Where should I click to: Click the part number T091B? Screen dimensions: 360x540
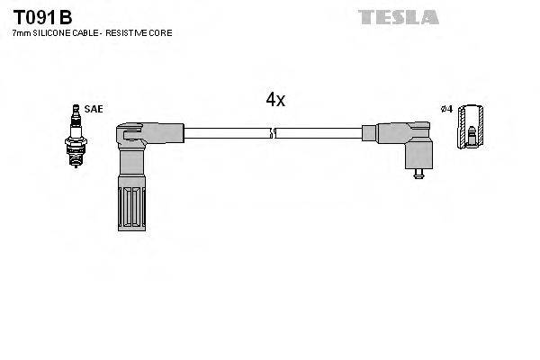point(42,17)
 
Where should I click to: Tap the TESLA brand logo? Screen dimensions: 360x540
point(399,17)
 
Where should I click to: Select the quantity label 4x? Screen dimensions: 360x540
point(274,100)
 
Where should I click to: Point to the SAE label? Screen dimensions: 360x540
point(94,109)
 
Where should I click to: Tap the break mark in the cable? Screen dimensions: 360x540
point(273,133)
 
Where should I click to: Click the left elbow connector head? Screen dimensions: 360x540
point(135,136)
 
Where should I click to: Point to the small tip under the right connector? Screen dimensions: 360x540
point(416,174)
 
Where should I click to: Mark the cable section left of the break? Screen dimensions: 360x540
point(225,133)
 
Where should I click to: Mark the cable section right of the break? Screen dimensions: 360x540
point(319,133)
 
